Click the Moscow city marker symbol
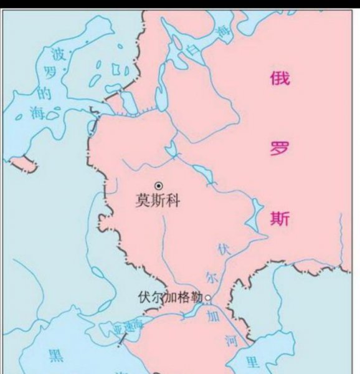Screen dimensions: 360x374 tap(159, 185)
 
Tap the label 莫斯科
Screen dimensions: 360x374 tap(157, 201)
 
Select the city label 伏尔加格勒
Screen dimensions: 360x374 tap(171, 297)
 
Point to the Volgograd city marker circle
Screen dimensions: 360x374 tap(208, 297)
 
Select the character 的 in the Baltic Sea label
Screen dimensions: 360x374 tap(44, 94)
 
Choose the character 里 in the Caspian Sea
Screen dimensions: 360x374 tap(252, 362)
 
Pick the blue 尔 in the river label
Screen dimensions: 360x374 tap(210, 276)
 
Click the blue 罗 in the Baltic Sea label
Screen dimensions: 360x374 tap(50, 73)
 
